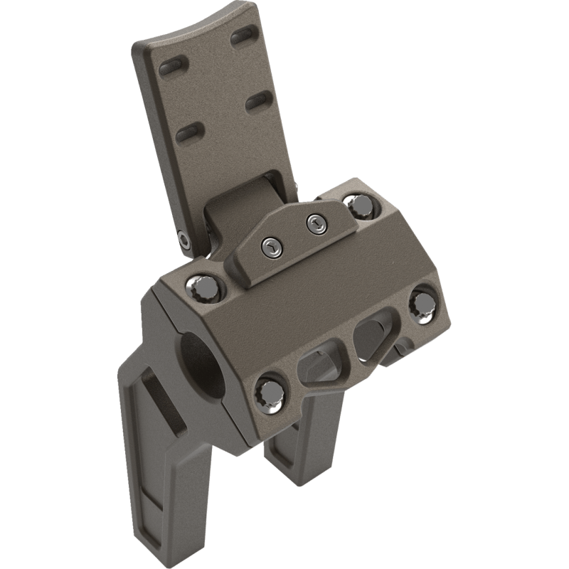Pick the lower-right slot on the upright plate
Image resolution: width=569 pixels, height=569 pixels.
point(260,100)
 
